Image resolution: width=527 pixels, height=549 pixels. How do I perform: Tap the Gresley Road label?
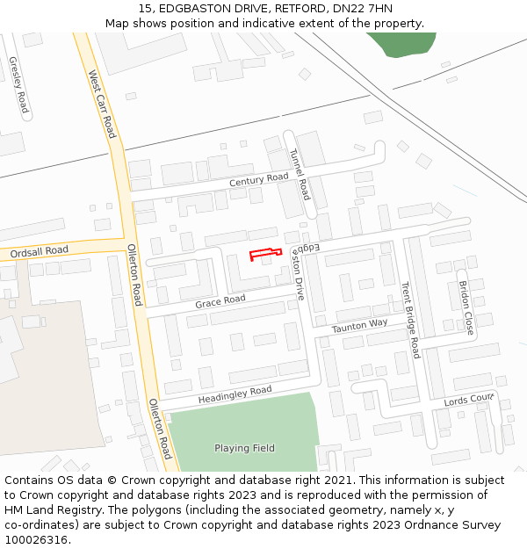click(x=18, y=85)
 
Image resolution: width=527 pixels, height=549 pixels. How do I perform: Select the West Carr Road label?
click(x=102, y=105)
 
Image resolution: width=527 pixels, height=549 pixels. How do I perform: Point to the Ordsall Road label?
click(x=40, y=251)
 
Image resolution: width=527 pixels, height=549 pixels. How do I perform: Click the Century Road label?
click(x=259, y=179)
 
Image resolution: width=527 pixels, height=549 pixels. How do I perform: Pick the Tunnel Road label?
click(x=300, y=173)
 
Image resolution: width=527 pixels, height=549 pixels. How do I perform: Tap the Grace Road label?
click(x=220, y=300)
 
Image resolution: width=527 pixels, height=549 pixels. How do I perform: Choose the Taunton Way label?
click(x=359, y=326)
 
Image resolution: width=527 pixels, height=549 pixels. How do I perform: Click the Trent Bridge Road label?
click(x=410, y=320)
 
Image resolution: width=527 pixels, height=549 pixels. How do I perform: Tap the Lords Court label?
click(x=469, y=400)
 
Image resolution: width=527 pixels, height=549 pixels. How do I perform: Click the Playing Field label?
click(x=244, y=448)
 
